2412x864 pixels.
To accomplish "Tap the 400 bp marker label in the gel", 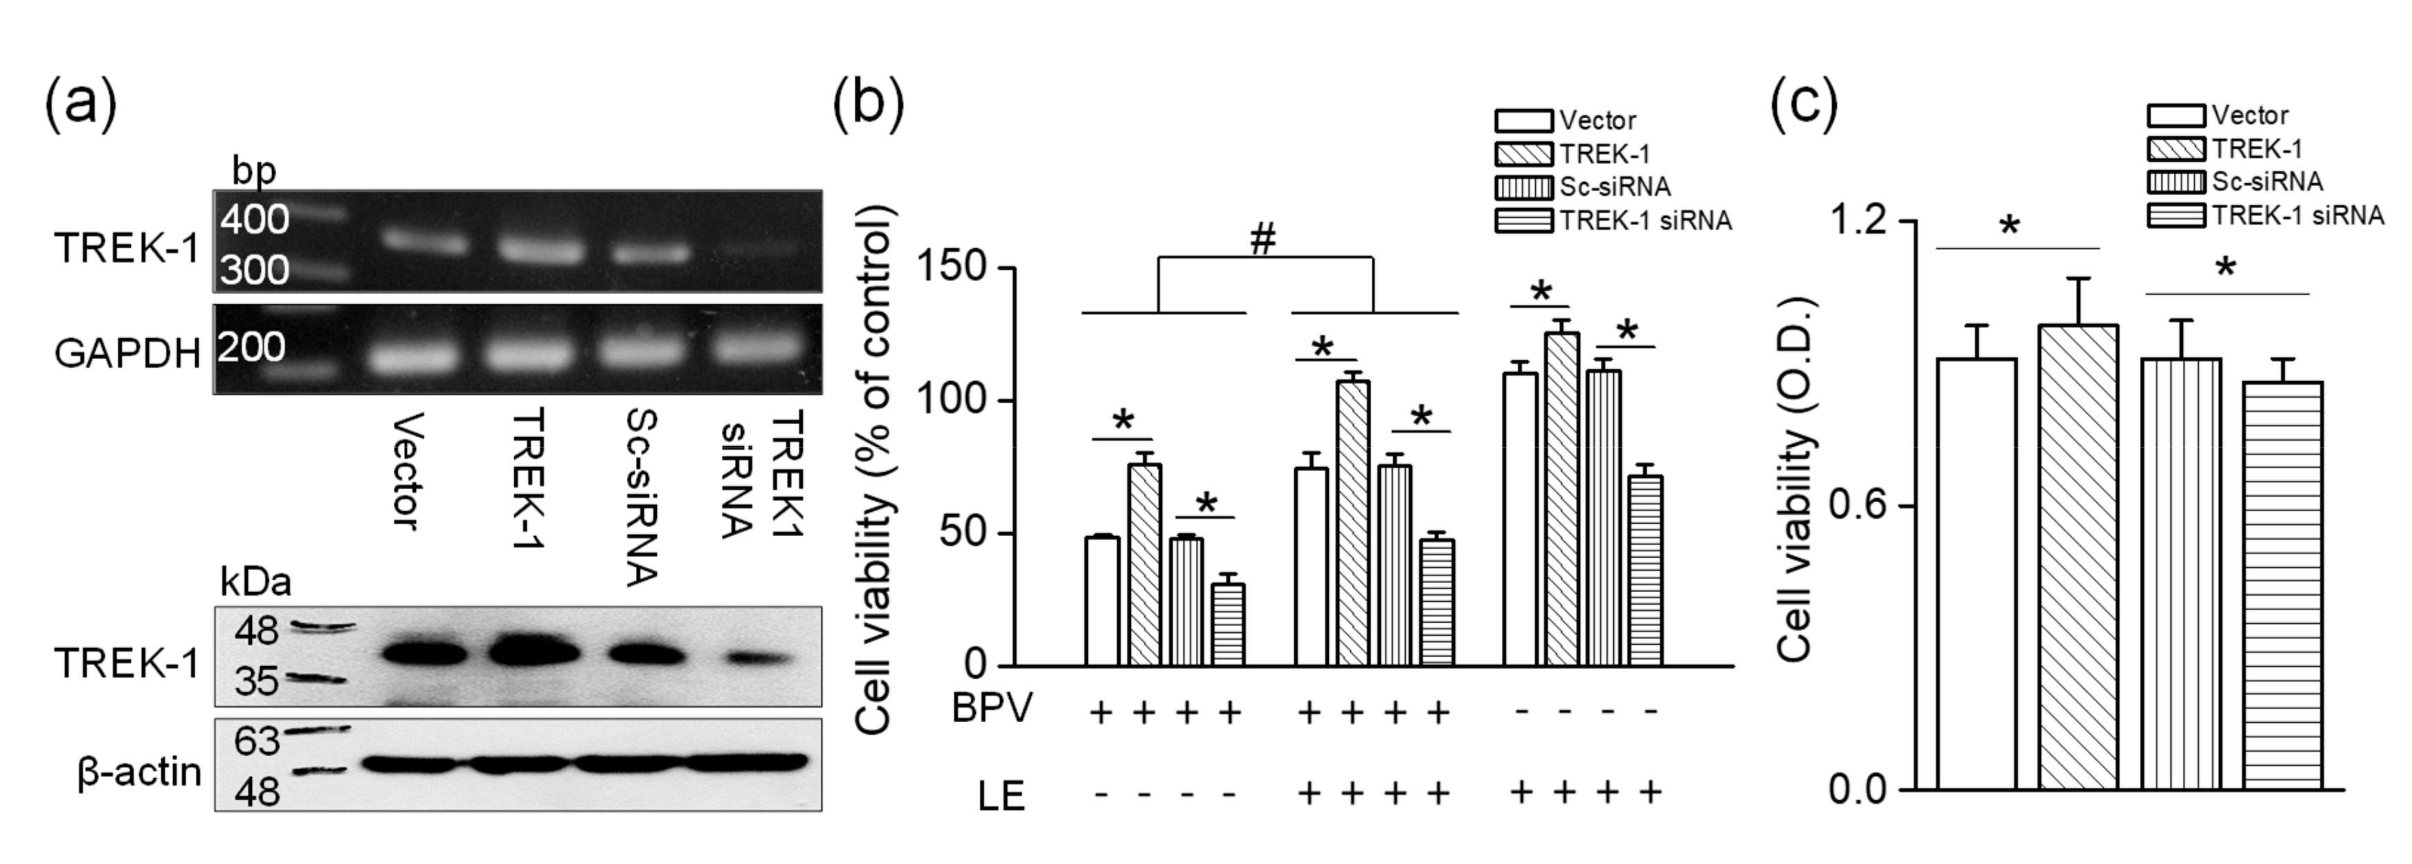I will [255, 220].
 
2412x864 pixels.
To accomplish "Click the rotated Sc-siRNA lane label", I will [642, 496].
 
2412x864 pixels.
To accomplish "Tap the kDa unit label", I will [255, 582].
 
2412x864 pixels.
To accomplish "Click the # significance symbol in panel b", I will [1263, 239].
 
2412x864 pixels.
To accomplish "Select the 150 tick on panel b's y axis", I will [952, 268].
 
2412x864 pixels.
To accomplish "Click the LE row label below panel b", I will [1002, 796].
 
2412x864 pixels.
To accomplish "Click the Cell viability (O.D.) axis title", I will [1794, 480].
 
